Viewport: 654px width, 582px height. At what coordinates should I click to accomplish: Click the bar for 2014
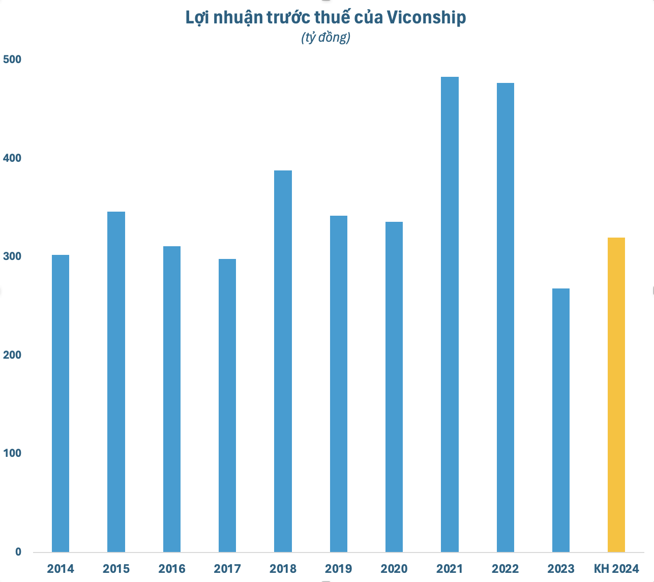(61, 403)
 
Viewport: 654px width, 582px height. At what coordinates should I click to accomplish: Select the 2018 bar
(283, 361)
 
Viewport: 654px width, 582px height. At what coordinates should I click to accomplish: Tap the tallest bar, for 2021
(450, 314)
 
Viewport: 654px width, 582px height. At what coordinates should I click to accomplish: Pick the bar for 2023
(560, 420)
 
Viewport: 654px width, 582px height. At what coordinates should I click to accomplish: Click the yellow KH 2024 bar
(616, 394)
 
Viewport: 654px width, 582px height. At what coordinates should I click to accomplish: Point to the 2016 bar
(172, 399)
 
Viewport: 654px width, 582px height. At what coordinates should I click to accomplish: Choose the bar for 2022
(505, 317)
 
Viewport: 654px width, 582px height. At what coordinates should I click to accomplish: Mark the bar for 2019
(339, 384)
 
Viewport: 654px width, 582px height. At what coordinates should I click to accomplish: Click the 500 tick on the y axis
(12, 60)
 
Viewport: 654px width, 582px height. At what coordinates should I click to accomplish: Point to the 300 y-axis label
(12, 256)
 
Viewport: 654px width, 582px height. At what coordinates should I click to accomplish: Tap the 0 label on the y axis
(18, 552)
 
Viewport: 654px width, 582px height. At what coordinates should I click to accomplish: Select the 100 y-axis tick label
(12, 453)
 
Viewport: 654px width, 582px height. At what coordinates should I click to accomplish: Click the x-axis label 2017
(227, 568)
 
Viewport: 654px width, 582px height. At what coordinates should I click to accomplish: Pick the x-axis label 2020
(394, 568)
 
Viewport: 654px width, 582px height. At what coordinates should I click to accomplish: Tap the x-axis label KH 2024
(616, 568)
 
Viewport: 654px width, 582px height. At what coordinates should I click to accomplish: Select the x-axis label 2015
(116, 568)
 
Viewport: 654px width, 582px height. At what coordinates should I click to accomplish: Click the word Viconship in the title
(426, 18)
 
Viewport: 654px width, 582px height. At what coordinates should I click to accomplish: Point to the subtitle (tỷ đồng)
(326, 38)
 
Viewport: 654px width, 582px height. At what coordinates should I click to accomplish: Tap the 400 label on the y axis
(12, 158)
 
